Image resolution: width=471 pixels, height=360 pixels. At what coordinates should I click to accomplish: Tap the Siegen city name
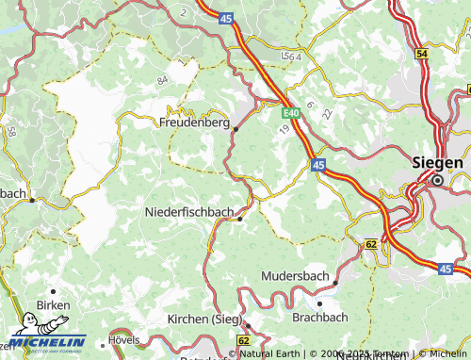[438, 162]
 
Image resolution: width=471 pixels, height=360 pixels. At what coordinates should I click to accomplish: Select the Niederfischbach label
[188, 213]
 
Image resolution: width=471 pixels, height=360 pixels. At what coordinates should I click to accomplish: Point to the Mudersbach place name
[294, 276]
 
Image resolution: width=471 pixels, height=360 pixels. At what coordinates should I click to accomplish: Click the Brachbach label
[319, 317]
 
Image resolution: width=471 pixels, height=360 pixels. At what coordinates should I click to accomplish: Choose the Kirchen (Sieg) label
[203, 319]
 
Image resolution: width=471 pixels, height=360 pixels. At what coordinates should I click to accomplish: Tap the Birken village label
[53, 305]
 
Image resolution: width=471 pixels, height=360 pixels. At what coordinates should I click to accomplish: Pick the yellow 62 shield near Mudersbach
[371, 243]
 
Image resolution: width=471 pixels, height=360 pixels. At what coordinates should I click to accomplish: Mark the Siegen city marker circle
[437, 179]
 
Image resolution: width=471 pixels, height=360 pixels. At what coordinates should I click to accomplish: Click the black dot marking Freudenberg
[235, 129]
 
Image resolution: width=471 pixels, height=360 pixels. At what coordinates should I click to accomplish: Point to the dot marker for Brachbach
[320, 303]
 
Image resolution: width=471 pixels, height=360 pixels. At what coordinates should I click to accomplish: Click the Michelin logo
[43, 341]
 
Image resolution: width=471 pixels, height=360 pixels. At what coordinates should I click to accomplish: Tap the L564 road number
[290, 58]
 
